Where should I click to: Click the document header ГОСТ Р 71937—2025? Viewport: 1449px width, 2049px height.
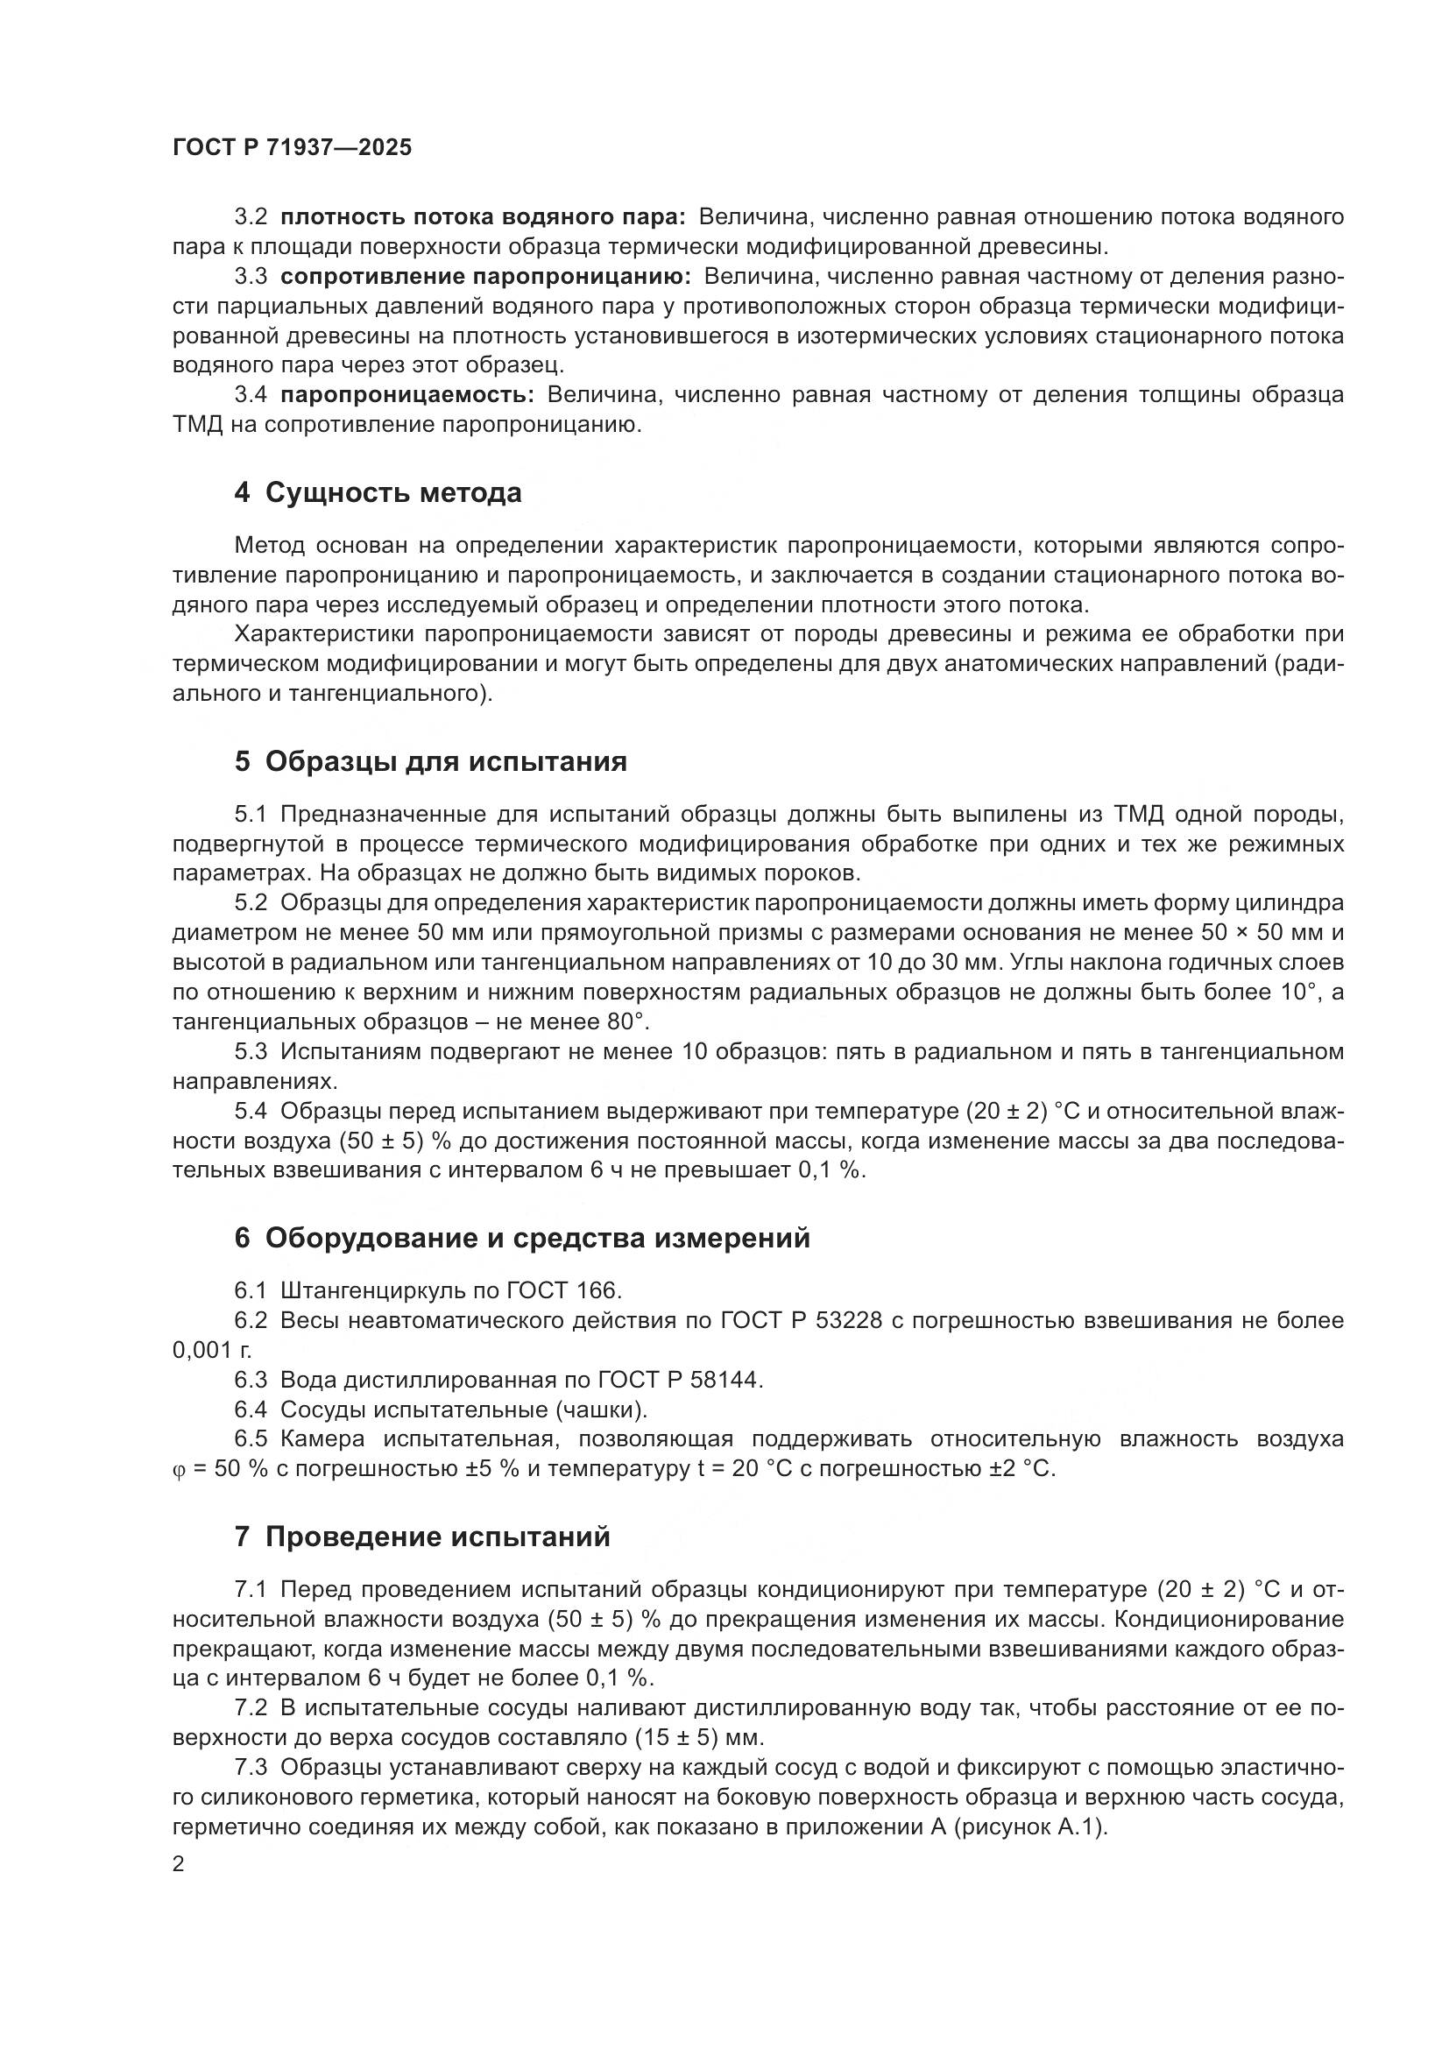pos(292,148)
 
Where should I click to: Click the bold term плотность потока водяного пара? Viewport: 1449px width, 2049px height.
pos(483,217)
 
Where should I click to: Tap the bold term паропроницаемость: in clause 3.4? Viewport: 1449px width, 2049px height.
pos(406,394)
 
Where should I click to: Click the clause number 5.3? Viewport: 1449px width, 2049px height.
pos(251,1051)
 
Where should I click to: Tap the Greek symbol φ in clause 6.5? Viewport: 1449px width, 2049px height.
pos(178,1470)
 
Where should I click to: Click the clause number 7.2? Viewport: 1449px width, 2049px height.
pos(251,1708)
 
